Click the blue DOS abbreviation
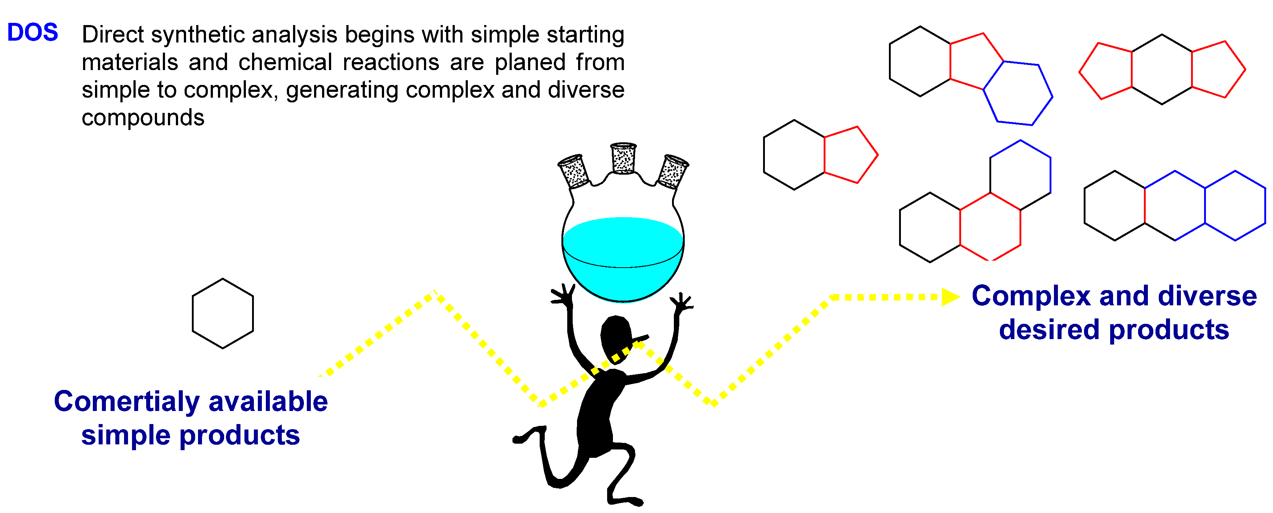[x=33, y=33]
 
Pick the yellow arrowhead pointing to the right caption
[x=949, y=297]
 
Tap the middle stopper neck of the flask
[x=623, y=158]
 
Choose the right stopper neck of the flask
[x=672, y=172]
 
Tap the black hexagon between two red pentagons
[x=1162, y=69]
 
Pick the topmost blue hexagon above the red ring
[x=1020, y=174]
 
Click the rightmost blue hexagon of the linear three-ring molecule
[x=1235, y=206]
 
